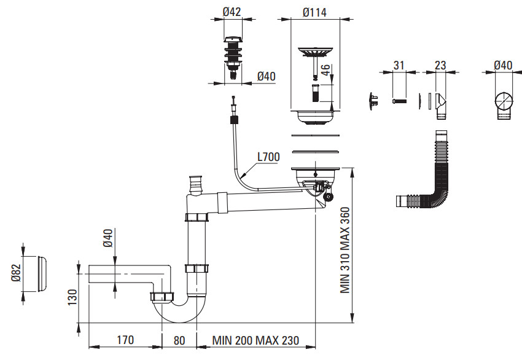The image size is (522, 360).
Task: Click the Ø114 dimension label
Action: (314, 13)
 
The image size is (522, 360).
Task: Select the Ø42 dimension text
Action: (232, 12)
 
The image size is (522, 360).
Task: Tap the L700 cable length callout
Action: (268, 157)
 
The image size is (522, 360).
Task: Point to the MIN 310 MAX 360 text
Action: (345, 250)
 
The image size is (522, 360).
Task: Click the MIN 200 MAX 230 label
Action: (255, 340)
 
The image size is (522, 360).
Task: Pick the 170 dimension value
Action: (125, 340)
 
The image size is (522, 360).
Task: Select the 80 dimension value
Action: (179, 340)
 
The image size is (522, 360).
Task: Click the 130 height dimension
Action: (72, 297)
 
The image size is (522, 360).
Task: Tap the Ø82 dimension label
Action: (16, 273)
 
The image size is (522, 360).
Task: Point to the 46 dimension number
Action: (325, 70)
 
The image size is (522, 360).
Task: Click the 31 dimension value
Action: (399, 65)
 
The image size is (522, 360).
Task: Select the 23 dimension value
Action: (440, 65)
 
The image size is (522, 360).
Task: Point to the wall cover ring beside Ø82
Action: (42, 274)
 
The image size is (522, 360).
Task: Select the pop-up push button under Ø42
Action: (233, 57)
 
